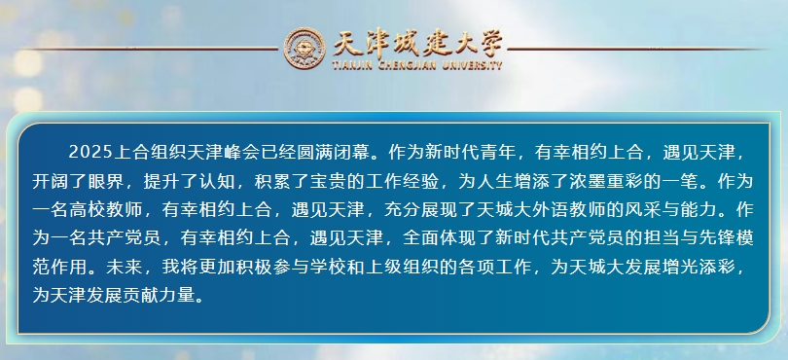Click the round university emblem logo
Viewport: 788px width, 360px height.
tap(304, 49)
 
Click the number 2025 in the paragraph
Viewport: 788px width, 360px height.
tap(90, 153)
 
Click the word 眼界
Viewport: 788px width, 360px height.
tap(106, 181)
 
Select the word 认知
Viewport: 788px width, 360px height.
tap(217, 181)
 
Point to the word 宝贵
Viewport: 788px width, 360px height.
tap(329, 181)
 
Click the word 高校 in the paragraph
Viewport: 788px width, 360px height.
tap(88, 209)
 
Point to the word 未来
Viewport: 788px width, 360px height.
tap(125, 267)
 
